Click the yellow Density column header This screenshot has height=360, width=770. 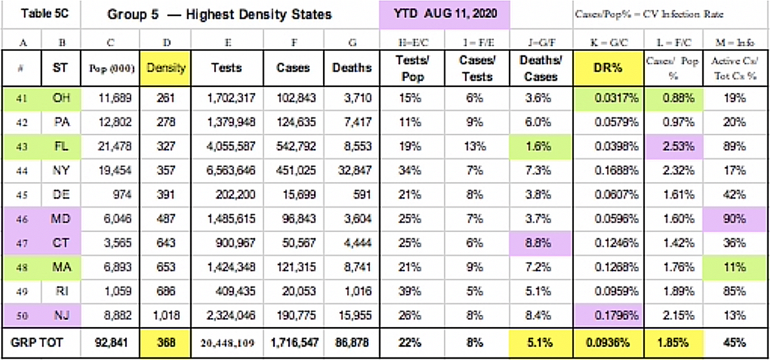pos(166,67)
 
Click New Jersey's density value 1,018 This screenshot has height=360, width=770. pos(166,316)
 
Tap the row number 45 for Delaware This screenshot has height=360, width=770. pos(23,195)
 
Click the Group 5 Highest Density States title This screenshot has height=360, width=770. pos(219,14)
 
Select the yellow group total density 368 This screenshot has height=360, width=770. pos(166,342)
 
